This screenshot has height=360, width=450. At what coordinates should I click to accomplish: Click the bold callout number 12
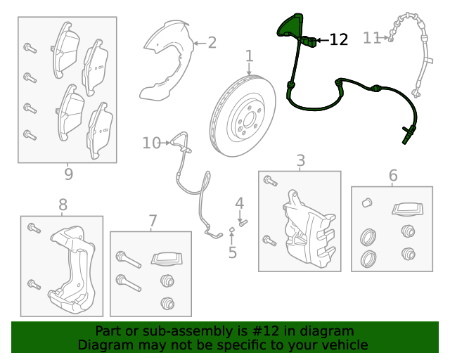click(x=339, y=39)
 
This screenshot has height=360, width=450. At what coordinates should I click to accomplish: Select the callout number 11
click(x=372, y=38)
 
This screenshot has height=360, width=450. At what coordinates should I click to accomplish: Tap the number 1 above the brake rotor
click(x=250, y=56)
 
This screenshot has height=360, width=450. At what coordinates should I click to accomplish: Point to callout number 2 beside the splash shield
click(x=212, y=43)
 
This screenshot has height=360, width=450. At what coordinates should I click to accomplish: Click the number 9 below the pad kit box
click(x=68, y=174)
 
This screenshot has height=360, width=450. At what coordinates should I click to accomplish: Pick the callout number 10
click(x=152, y=143)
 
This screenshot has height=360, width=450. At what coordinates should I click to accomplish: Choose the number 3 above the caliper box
click(x=300, y=160)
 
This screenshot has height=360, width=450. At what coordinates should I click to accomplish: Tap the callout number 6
click(x=393, y=175)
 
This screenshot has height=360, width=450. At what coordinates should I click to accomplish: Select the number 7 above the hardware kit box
click(x=153, y=221)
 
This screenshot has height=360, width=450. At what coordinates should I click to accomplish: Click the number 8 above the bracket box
click(x=63, y=205)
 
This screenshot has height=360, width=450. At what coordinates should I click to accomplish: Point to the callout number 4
click(x=240, y=203)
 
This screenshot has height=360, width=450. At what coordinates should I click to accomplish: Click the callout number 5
click(x=233, y=252)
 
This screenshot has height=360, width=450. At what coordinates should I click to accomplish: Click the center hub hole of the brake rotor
click(x=249, y=120)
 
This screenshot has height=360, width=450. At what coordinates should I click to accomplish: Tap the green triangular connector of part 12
click(x=288, y=26)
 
